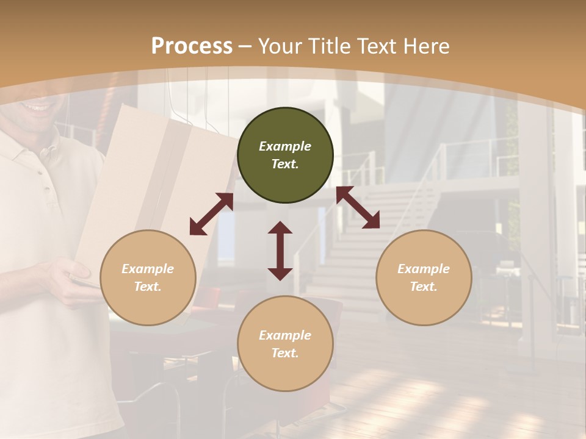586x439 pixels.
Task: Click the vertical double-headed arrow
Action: tap(280, 251)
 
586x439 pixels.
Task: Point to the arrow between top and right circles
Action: tap(358, 208)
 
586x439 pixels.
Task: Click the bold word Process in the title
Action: tap(192, 46)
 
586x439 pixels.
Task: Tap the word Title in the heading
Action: tap(330, 46)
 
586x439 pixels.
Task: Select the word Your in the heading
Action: tap(280, 46)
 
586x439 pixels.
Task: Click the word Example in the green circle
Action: tap(285, 146)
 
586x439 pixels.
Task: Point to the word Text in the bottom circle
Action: tap(285, 353)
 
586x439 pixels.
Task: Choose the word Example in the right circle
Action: tap(424, 269)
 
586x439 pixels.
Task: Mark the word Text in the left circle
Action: tap(148, 287)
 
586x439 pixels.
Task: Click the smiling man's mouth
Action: tap(38, 107)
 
